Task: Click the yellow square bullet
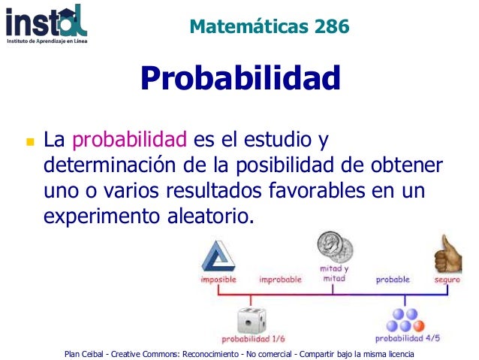pos(30,141)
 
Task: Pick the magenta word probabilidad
pos(129,140)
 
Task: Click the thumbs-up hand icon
pos(448,256)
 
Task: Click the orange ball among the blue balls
pos(418,325)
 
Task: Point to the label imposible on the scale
pos(218,280)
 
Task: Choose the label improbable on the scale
pos(280,280)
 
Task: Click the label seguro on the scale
pos(447,280)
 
